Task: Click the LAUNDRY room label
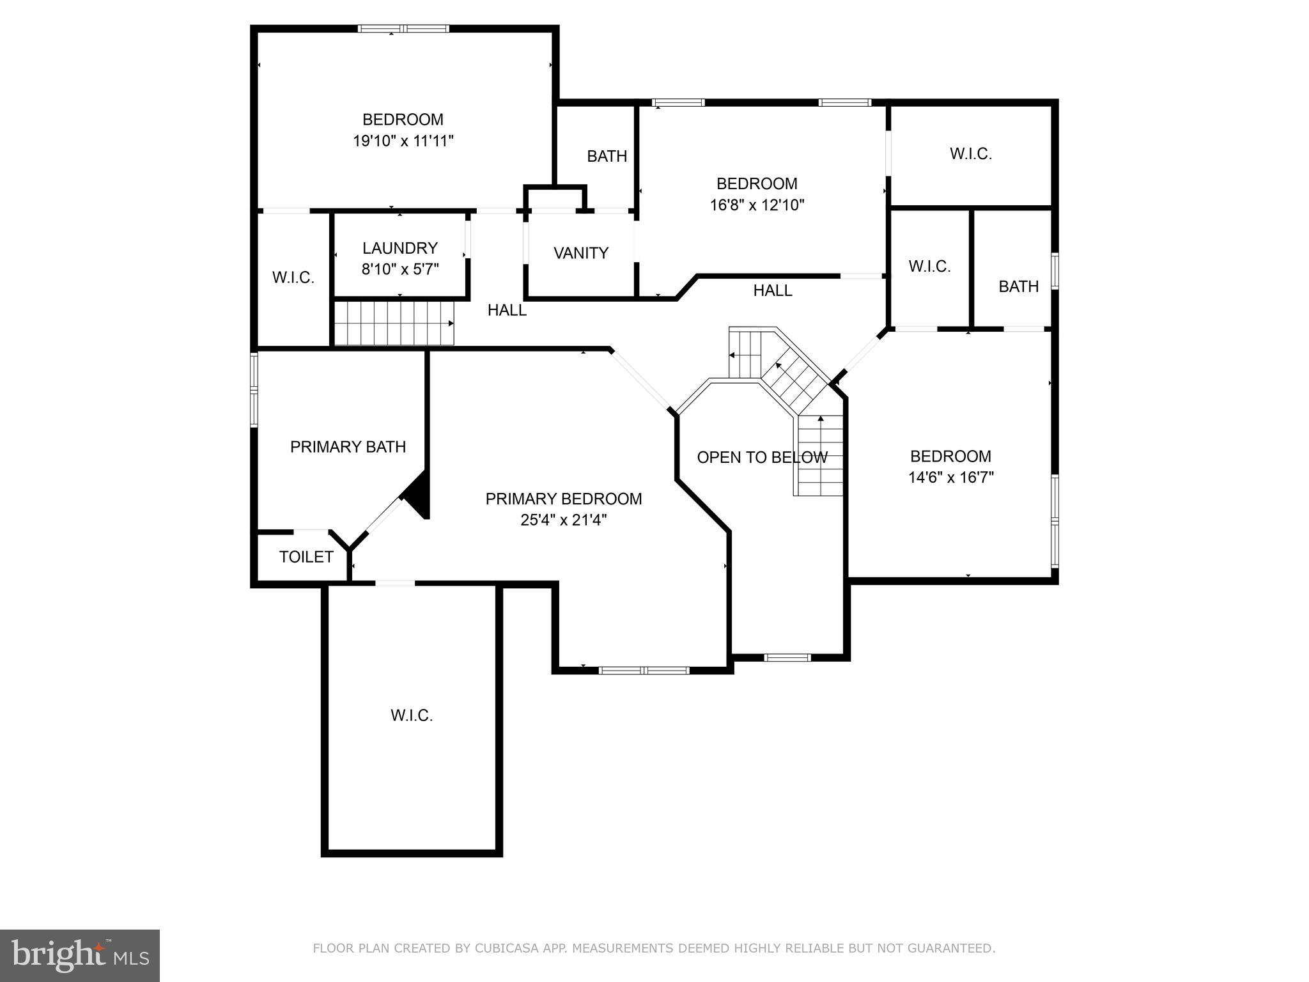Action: (400, 248)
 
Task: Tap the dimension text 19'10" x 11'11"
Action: (403, 141)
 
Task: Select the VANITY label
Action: (580, 253)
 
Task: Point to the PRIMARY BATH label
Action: (348, 447)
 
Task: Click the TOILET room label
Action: (306, 557)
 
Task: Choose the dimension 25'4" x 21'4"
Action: (563, 520)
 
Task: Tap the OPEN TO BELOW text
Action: (762, 458)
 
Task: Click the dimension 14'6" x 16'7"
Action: (950, 478)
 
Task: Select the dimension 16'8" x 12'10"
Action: (757, 205)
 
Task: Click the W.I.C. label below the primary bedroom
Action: (412, 715)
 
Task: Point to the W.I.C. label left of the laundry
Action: (293, 277)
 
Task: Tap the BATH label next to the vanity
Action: (607, 156)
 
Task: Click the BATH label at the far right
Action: (1018, 286)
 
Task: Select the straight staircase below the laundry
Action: (394, 323)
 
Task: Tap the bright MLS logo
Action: (79, 955)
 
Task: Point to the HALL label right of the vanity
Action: (772, 290)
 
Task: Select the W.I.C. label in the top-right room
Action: (970, 154)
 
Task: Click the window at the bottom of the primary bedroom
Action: (644, 670)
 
